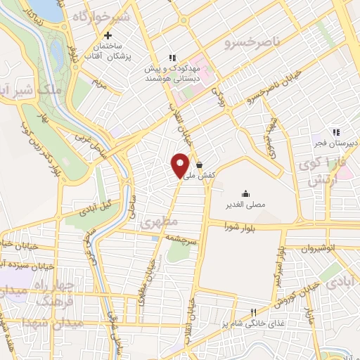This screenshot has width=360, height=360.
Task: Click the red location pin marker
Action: [181, 165]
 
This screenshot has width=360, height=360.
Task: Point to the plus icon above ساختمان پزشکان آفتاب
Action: [108, 36]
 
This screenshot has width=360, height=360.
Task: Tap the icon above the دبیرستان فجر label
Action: [336, 132]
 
